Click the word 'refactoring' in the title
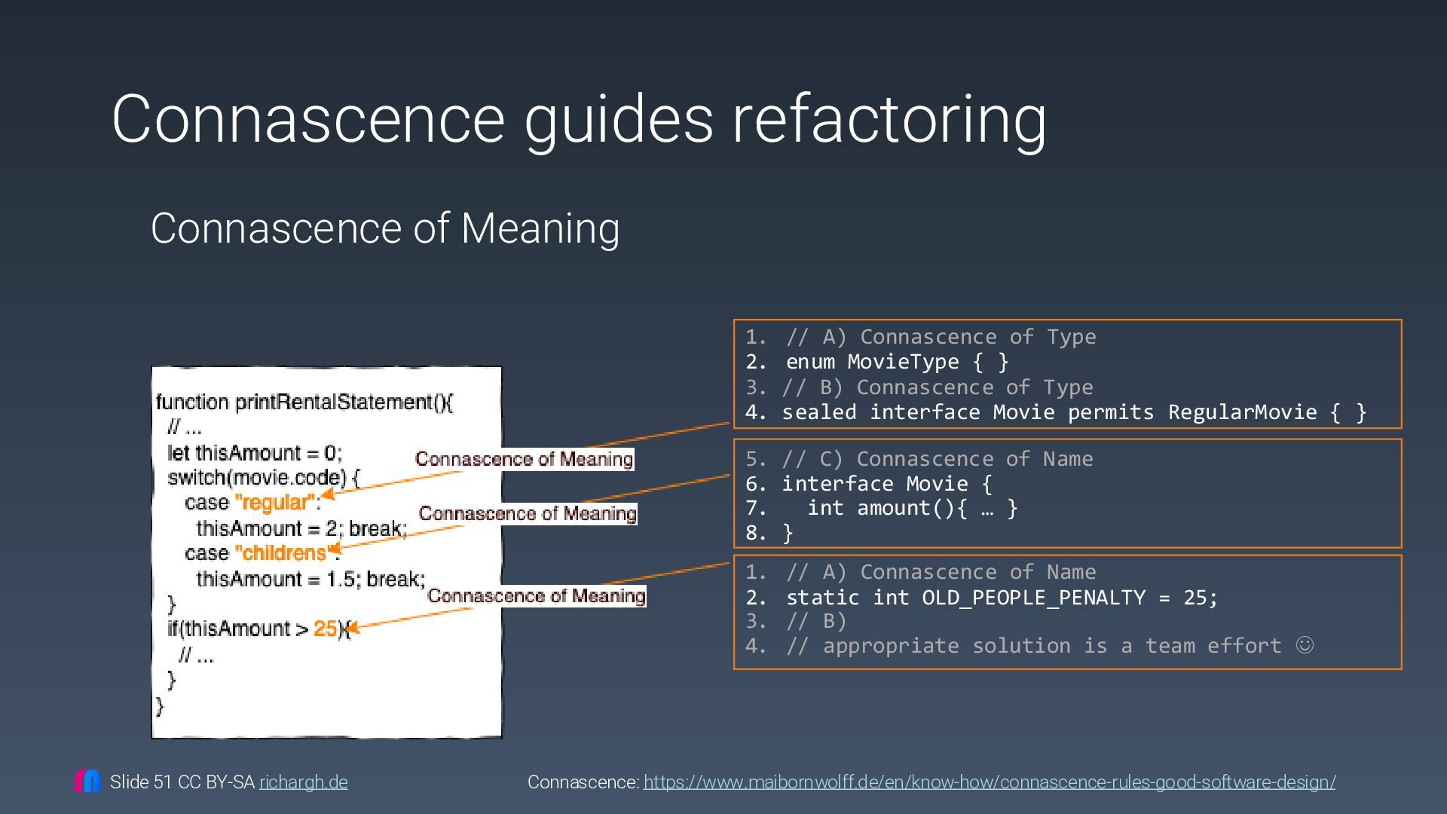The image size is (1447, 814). coord(889,119)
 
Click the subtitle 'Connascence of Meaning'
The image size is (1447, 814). coord(385,228)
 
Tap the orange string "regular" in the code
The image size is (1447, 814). coord(274,503)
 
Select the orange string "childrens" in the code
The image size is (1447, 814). coord(282,553)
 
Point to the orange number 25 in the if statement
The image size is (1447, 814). coord(325,629)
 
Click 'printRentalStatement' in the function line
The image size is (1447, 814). coord(334,402)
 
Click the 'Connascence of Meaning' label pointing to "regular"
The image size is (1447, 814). coord(524,459)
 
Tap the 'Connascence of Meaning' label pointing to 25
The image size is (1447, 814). coord(536,595)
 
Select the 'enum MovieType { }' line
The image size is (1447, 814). coord(897,362)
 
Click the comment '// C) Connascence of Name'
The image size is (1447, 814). coord(937,459)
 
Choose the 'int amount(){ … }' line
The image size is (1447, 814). coord(912,508)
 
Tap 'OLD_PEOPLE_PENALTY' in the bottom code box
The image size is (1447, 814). coord(1033,598)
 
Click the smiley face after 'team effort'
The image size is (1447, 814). coord(1305,645)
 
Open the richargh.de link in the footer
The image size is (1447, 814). coord(303,782)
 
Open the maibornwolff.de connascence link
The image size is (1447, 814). coord(989,782)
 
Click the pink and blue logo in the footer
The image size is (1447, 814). coord(87,781)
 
